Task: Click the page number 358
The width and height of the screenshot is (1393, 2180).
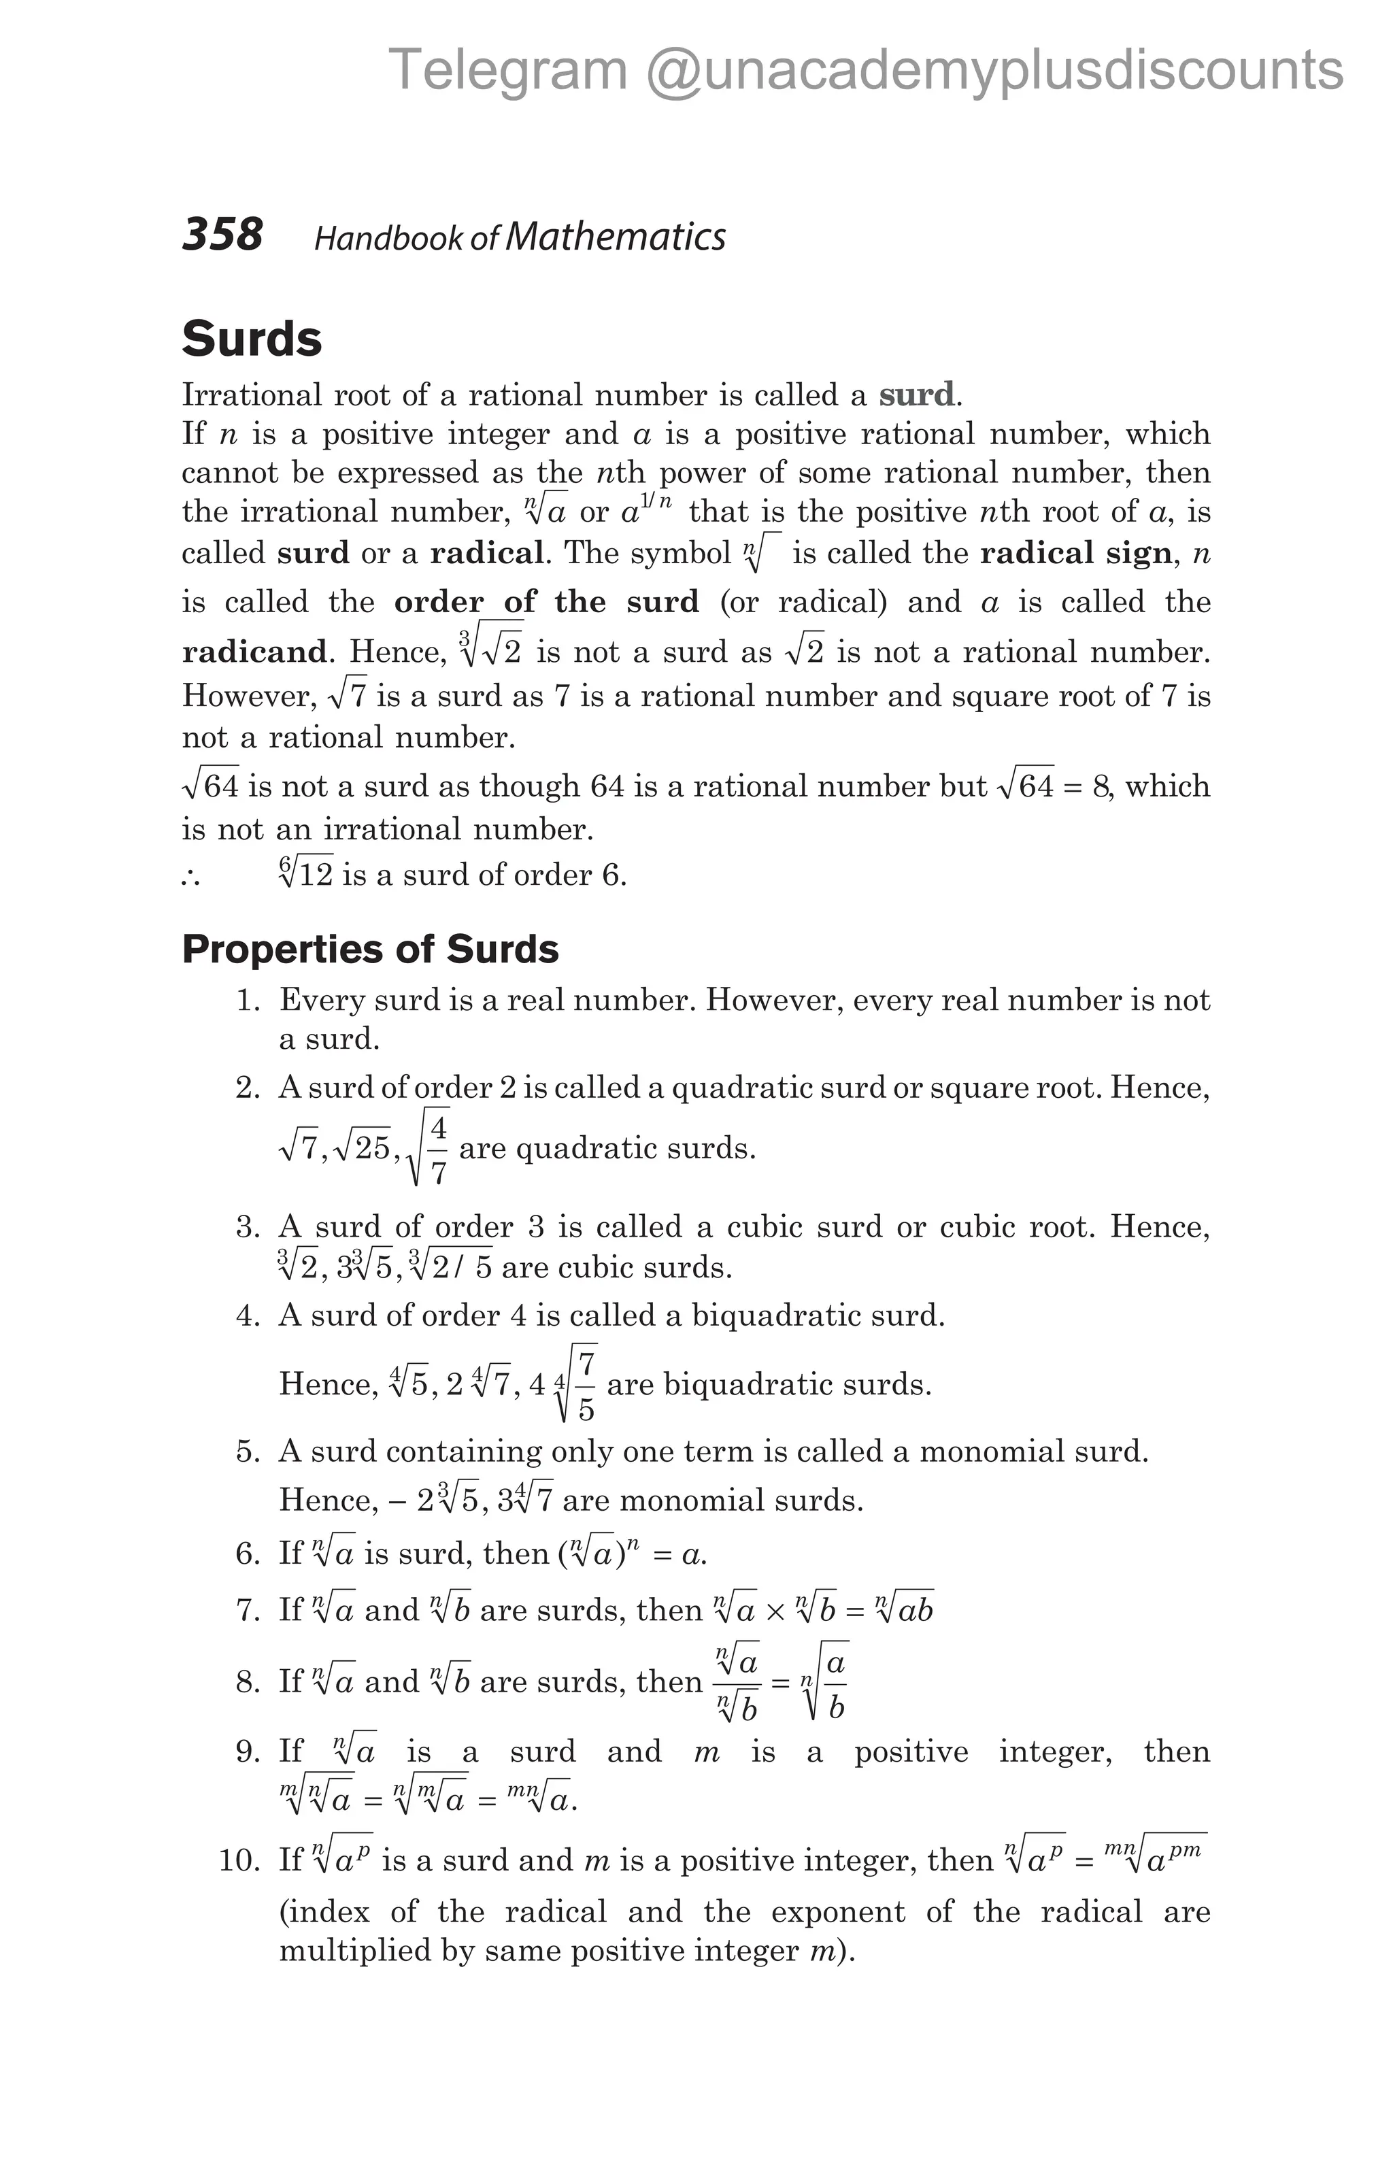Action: pos(222,235)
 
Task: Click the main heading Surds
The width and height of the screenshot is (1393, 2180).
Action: pos(252,339)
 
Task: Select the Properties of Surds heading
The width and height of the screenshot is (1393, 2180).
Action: pos(370,950)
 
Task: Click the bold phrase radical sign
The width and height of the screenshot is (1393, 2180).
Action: pos(1076,553)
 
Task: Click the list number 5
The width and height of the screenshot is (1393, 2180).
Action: pos(248,1452)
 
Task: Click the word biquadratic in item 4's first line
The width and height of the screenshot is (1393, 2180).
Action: pos(763,1315)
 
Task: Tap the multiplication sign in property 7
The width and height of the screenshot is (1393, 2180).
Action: pos(775,1612)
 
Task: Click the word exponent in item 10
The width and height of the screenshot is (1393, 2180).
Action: pos(837,1912)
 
